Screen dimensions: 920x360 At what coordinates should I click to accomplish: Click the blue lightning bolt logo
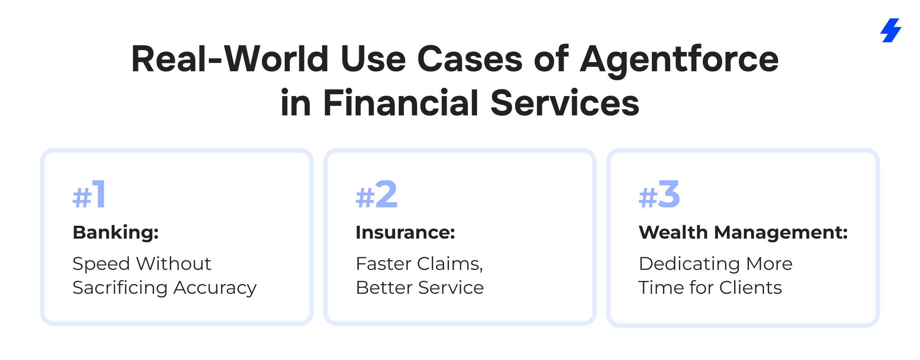[x=891, y=30]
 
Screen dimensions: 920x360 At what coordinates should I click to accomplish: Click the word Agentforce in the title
[x=679, y=60]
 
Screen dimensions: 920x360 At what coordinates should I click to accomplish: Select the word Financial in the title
[x=401, y=103]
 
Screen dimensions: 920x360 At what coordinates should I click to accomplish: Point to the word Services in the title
[x=565, y=103]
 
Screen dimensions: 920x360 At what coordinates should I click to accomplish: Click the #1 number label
[x=89, y=194]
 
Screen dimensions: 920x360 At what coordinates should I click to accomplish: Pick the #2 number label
[x=376, y=194]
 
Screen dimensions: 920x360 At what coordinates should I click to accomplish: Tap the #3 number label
[x=659, y=194]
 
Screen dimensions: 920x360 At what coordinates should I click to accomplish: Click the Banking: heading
[x=116, y=233]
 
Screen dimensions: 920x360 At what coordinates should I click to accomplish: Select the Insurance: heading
[x=405, y=233]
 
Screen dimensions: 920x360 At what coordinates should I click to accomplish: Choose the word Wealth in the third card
[x=673, y=233]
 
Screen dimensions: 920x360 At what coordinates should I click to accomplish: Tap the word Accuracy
[x=215, y=288]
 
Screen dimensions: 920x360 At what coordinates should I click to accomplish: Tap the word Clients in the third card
[x=751, y=288]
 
